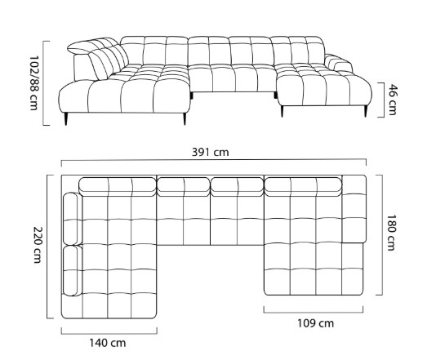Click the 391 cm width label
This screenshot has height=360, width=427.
click(210, 152)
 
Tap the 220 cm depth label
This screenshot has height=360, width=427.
click(38, 245)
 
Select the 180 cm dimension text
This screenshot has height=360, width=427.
click(390, 233)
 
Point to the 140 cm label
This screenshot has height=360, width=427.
click(108, 343)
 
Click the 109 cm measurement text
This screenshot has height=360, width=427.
click(315, 323)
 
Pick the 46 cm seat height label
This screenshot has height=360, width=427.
click(393, 100)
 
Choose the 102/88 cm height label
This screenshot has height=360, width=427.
click(34, 83)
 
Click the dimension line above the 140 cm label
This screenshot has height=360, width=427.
click(109, 334)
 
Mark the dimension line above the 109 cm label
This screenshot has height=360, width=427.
click(314, 313)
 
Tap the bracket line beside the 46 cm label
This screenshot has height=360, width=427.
click(384, 100)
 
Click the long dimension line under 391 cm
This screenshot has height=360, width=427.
click(214, 161)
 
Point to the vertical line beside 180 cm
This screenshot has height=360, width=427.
click(382, 235)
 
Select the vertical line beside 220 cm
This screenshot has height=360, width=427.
click(47, 247)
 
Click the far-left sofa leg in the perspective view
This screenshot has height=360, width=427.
click(65, 118)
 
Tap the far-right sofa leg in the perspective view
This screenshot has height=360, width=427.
click(366, 111)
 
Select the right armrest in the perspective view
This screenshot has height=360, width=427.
click(338, 63)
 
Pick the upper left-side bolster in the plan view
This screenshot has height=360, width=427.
click(71, 219)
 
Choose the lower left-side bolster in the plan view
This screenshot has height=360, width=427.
click(72, 271)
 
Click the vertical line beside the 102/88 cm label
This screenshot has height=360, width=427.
click(43, 83)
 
